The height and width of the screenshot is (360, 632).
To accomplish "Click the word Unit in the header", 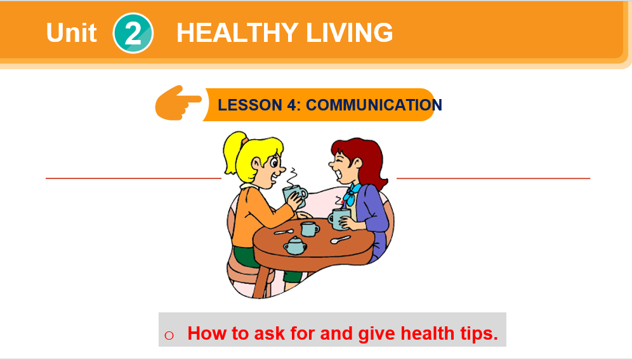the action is click(x=71, y=32).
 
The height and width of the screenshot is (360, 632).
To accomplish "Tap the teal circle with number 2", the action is click(x=133, y=33).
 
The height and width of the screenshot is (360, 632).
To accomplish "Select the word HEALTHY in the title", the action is click(x=237, y=32).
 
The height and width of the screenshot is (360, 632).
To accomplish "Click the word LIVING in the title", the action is click(x=350, y=32).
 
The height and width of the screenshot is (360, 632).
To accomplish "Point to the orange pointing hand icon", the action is click(x=178, y=103).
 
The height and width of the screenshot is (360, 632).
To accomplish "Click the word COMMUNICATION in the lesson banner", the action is click(x=374, y=105).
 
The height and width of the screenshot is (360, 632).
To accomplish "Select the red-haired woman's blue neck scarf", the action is click(x=350, y=193).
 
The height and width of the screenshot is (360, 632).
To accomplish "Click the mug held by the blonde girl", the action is click(x=295, y=195).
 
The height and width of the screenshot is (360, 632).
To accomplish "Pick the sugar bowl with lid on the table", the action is click(x=295, y=246).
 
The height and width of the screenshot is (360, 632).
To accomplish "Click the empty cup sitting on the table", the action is click(x=310, y=229).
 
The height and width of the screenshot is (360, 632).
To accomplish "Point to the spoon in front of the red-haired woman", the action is click(x=341, y=239).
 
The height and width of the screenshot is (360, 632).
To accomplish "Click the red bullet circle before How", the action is click(x=169, y=335).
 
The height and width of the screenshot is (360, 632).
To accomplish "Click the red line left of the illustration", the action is click(x=133, y=178).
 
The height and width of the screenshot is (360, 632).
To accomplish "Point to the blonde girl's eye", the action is click(x=275, y=163).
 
